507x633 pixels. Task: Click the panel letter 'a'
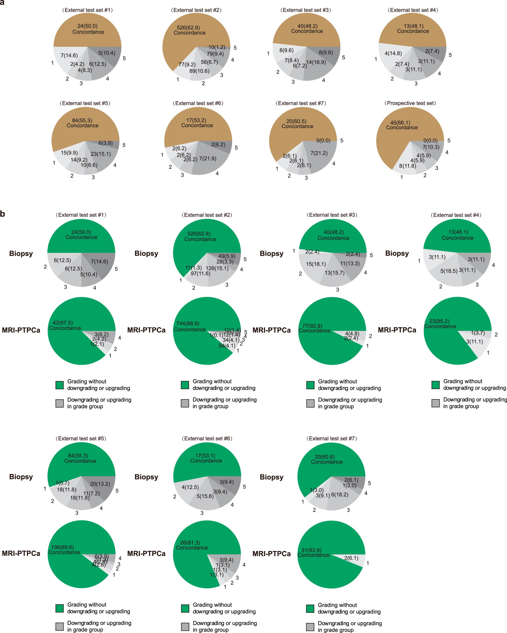click(2, 2)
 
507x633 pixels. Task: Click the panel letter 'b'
click(3, 214)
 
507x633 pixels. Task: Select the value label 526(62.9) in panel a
click(188, 28)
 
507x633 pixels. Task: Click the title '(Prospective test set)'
click(410, 103)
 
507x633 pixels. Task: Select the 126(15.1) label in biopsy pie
click(217, 268)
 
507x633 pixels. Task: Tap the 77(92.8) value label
click(312, 326)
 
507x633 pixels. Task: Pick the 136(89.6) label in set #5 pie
click(62, 547)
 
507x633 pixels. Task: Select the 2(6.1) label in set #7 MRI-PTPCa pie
click(351, 558)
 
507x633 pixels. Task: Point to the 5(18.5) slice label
click(449, 271)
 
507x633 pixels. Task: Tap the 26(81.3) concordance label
click(190, 543)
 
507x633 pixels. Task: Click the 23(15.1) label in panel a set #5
click(101, 154)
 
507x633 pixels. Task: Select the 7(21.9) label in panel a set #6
click(208, 158)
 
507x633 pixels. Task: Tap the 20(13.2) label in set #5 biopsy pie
click(100, 484)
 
